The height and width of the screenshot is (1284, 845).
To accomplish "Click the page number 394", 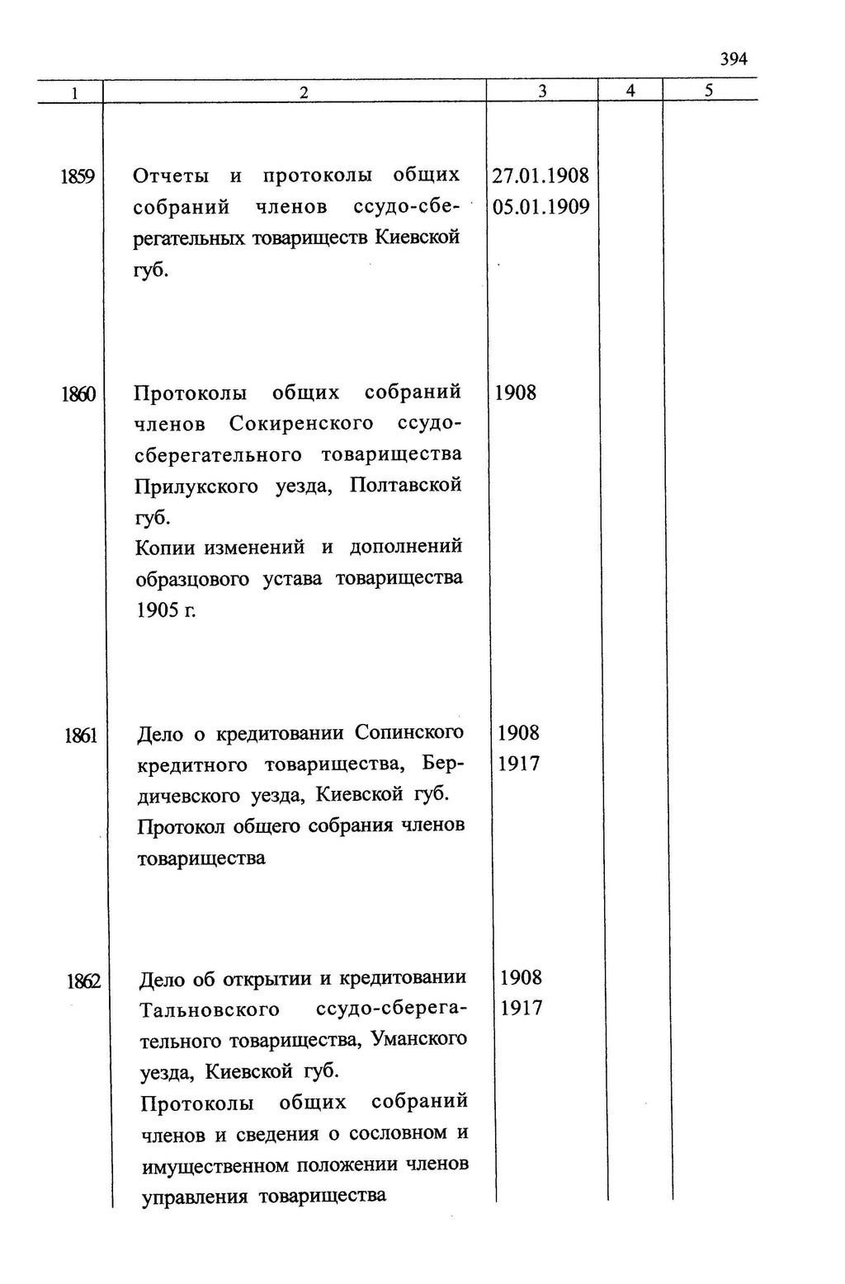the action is (x=733, y=59).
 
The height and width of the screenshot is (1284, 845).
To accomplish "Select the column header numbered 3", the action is (x=542, y=92).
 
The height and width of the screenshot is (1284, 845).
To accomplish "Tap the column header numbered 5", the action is (x=709, y=91).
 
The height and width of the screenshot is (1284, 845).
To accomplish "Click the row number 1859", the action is (x=78, y=176).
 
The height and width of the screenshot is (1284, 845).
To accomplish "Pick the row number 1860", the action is (x=78, y=394).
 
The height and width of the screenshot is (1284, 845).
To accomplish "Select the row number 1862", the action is (x=83, y=981).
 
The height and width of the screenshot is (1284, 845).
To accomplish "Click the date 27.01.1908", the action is (x=541, y=176).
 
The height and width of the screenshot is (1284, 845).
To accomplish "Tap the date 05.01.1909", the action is (x=541, y=206).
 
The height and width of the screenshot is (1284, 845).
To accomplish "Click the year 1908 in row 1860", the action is (x=515, y=393).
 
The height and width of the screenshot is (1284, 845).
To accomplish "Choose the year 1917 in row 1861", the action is (x=519, y=764).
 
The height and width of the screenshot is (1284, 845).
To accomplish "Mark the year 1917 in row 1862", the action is (x=522, y=1008).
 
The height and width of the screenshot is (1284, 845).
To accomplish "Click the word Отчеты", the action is (x=171, y=176).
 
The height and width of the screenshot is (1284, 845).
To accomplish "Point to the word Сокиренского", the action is (x=301, y=424).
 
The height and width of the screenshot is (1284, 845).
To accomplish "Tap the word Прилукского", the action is (x=196, y=486).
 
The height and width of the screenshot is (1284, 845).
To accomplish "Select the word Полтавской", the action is (x=405, y=485).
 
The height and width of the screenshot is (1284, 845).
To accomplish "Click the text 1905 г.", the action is (x=166, y=610).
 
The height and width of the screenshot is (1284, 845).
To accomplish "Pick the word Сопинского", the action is (x=409, y=732).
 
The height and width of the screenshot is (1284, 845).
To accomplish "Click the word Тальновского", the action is (x=210, y=1009).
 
